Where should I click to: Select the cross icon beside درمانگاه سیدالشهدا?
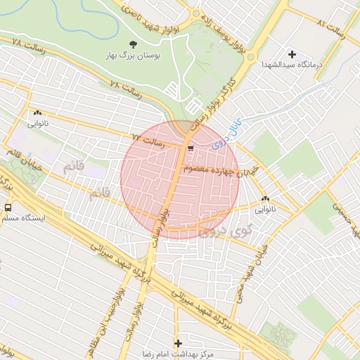coord(292,54)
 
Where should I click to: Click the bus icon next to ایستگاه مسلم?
coord(8,207)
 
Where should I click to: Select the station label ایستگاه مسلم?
coord(23,219)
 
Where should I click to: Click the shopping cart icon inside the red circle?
coord(191,148)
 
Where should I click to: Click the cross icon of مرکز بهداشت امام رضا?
coord(178,343)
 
